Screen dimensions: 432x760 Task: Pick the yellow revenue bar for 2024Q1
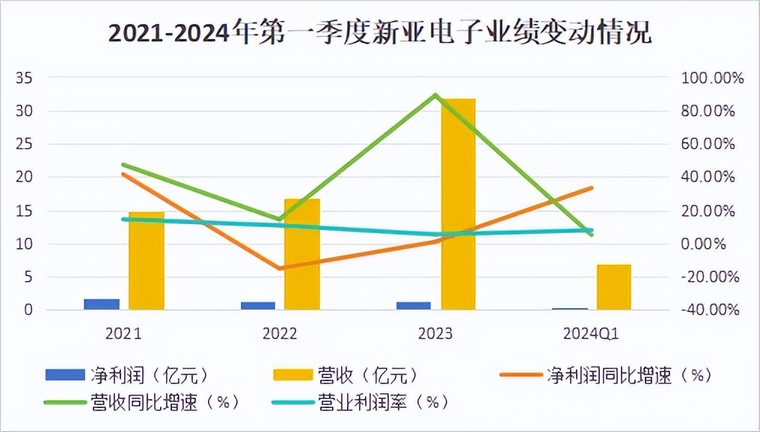(613, 288)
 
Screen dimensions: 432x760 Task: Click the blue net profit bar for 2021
(102, 303)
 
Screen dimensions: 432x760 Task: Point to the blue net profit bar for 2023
(413, 305)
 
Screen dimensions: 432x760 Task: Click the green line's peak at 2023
(435, 95)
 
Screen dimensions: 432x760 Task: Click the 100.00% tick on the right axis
(708, 78)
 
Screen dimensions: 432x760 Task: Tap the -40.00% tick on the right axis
(708, 309)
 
